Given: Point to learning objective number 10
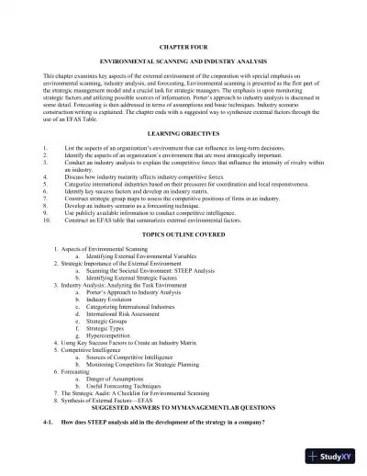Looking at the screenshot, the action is (128, 221).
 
